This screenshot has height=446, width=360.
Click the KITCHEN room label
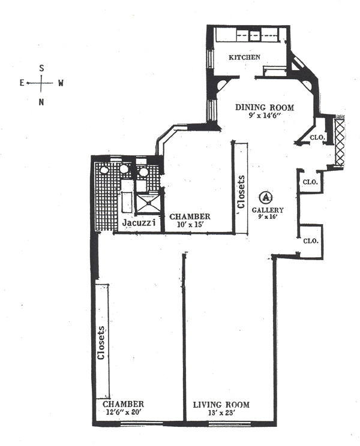pyautogui.click(x=245, y=58)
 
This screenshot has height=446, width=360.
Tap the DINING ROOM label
pyautogui.click(x=265, y=108)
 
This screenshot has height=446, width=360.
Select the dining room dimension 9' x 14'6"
pyautogui.click(x=264, y=116)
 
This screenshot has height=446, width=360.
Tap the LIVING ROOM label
pyautogui.click(x=221, y=405)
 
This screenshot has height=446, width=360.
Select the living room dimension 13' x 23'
pyautogui.click(x=221, y=413)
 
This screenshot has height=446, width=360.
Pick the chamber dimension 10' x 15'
pyautogui.click(x=188, y=225)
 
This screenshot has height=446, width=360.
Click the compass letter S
pyautogui.click(x=41, y=68)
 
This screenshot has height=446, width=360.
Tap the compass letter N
pyautogui.click(x=41, y=101)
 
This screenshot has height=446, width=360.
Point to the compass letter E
pyautogui.click(x=22, y=83)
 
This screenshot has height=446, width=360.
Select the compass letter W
pyautogui.click(x=61, y=83)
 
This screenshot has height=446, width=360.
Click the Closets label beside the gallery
pyautogui.click(x=242, y=192)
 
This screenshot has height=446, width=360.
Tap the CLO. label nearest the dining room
pyautogui.click(x=317, y=137)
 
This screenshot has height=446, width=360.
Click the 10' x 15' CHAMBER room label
pyautogui.click(x=189, y=216)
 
